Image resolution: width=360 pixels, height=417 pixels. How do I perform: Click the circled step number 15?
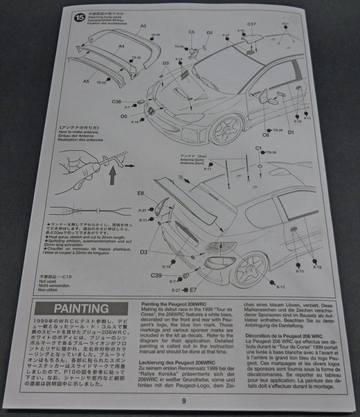pyautogui.click(x=79, y=17)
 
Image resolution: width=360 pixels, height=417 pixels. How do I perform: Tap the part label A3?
pyautogui.click(x=143, y=26)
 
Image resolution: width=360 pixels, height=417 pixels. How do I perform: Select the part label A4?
pyautogui.click(x=121, y=47)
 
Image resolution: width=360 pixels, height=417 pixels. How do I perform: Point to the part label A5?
pyautogui.click(x=86, y=81)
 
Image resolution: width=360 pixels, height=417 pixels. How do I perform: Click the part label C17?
pyautogui.click(x=251, y=24)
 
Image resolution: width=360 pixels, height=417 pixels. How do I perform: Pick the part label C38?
pyautogui.click(x=116, y=102)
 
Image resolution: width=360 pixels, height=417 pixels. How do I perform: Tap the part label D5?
pyautogui.click(x=123, y=116)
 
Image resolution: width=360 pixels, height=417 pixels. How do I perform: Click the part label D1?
pyautogui.click(x=291, y=132)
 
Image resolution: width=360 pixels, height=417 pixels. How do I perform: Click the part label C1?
pyautogui.click(x=259, y=147)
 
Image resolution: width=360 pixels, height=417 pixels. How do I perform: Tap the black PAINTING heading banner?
pyautogui.click(x=82, y=308)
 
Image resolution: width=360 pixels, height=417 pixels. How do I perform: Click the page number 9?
pyautogui.click(x=183, y=401)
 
